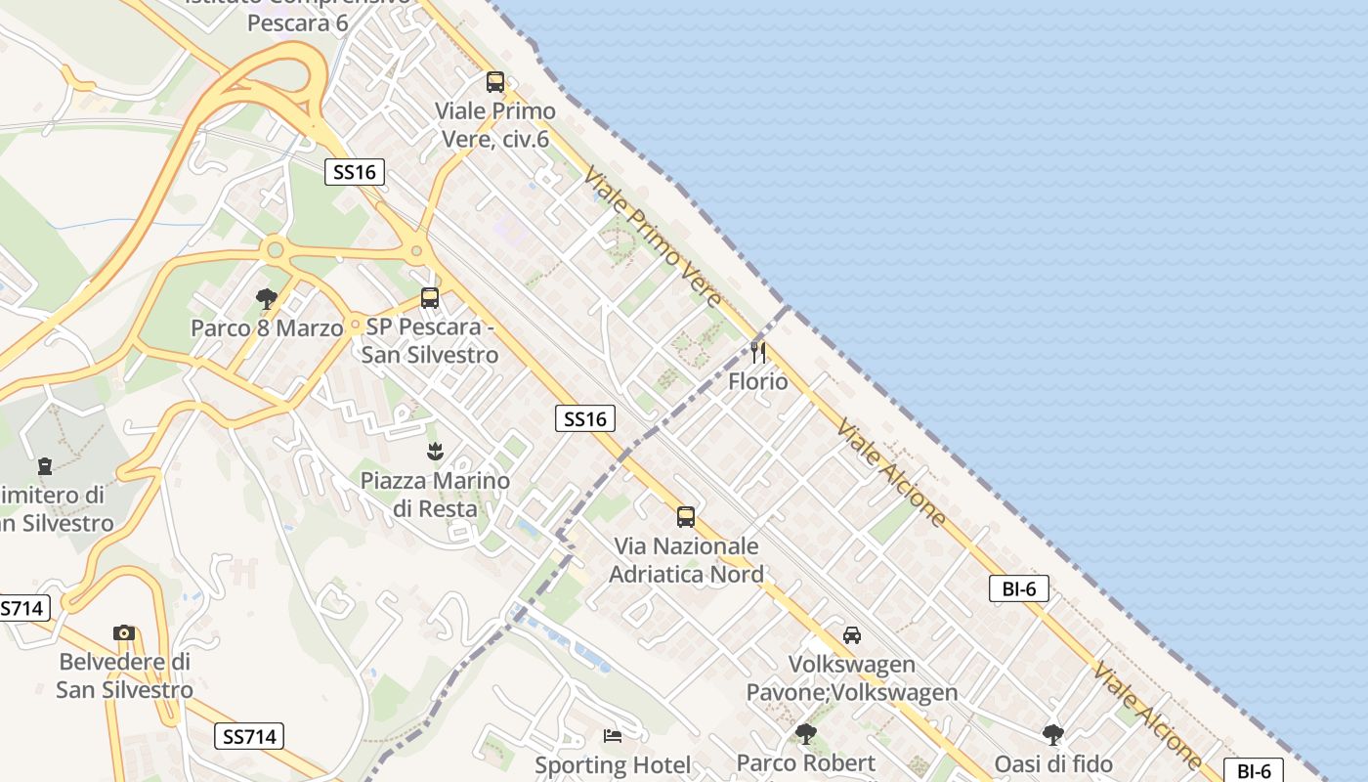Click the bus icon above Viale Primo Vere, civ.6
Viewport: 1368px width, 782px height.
pos(495,82)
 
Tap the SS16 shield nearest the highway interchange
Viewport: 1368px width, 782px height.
pos(354,173)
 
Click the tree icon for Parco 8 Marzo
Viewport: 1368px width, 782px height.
pos(266,299)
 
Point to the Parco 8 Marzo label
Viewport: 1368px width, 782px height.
pos(267,327)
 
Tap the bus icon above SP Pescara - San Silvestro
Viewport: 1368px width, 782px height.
pos(430,298)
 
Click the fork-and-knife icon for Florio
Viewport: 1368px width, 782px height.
pos(758,352)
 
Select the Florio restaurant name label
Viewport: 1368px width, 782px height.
pos(758,381)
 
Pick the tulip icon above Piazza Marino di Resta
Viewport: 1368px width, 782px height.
pos(435,452)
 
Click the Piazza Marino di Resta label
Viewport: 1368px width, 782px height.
pos(435,495)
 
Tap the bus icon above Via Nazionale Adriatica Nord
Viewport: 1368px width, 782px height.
pos(686,517)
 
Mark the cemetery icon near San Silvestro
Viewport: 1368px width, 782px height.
pos(44,466)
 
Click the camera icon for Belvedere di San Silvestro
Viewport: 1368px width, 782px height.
pos(124,632)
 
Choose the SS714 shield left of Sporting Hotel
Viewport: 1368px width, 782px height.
pos(249,736)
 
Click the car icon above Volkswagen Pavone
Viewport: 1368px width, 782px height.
pos(852,635)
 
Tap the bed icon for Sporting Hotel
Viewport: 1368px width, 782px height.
pos(613,736)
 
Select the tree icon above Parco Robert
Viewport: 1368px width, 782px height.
pos(806,733)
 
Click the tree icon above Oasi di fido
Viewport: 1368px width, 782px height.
pos(1053,734)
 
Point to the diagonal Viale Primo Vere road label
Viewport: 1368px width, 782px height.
pos(652,237)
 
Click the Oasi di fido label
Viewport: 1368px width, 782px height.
pos(1053,763)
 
